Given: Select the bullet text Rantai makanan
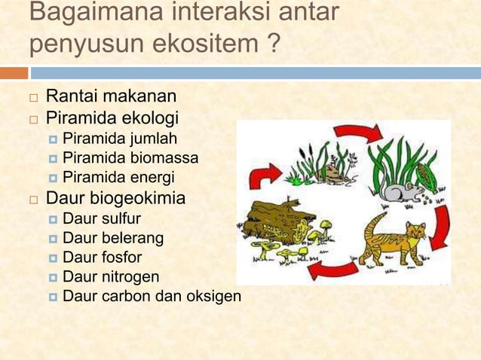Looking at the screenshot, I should pos(111,96).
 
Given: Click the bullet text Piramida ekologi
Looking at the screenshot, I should pos(112,118).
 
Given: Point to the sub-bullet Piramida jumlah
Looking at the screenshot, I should pos(120,139).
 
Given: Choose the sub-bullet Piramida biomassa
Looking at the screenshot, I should pos(130,158).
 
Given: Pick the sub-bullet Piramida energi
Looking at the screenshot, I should pos(118,178).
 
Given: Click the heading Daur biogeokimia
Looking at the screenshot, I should pos(115,200).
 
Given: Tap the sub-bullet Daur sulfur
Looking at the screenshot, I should pos(101,219).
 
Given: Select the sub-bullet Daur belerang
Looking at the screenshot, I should pos(112,239).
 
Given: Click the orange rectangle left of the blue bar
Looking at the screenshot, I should pos(14,73).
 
